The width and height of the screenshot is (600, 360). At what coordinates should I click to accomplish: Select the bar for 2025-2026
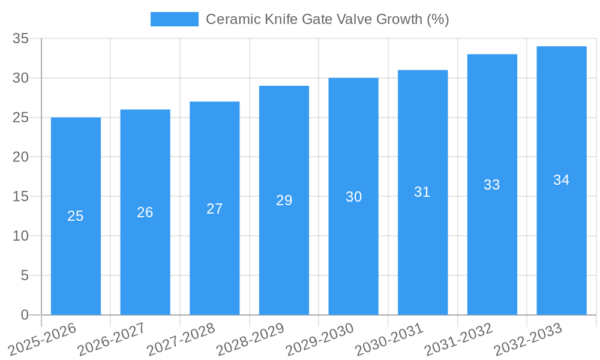point(76,216)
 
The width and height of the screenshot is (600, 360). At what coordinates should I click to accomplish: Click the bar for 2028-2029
point(284,200)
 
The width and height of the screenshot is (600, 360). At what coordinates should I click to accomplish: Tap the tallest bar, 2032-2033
point(562,180)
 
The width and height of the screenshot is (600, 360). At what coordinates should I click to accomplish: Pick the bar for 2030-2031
point(422,192)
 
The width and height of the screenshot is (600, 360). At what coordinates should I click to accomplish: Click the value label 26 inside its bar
point(145,212)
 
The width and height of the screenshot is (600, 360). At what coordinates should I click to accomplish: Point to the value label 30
point(353,197)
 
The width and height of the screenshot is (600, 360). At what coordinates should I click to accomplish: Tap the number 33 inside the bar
point(492,185)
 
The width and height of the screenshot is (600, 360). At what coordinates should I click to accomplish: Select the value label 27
point(215,209)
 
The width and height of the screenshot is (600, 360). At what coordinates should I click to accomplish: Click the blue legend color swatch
point(174,19)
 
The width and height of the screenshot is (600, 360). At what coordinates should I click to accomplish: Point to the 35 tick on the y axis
point(21,38)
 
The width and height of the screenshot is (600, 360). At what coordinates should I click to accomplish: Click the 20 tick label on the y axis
point(21,157)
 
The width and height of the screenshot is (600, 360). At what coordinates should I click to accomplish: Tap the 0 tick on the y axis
point(25,315)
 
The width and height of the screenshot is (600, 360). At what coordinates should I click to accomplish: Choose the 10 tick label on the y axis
point(21,236)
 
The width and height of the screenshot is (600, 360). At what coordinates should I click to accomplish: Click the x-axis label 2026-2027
point(112,339)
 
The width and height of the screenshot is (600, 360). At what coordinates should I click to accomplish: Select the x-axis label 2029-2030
point(320,339)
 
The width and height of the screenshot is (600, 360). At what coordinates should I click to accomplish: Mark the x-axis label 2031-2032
point(459,339)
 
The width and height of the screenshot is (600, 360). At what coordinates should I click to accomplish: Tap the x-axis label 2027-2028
point(181,339)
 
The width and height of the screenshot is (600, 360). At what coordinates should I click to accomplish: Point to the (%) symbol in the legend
point(437,19)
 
